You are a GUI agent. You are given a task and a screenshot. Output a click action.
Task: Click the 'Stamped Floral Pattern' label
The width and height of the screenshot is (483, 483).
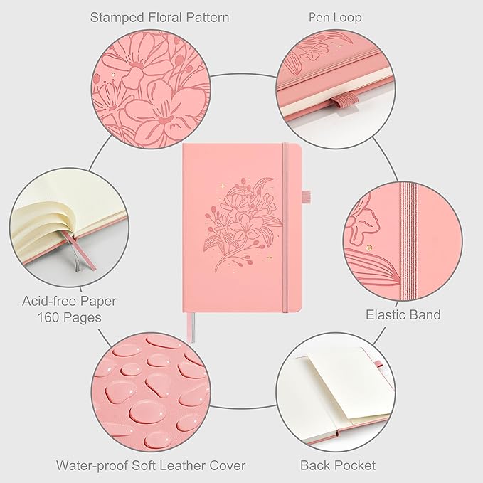159,17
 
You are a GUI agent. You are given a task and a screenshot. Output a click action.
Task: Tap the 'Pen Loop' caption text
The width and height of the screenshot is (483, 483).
335,17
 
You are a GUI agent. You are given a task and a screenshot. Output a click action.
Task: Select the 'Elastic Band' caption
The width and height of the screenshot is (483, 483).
403,315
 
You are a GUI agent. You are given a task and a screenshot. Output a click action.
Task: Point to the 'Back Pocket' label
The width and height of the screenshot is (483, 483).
338,465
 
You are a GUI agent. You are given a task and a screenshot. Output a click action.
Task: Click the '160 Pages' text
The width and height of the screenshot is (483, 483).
69,317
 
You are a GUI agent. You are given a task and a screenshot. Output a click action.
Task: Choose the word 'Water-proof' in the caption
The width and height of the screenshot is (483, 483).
92,465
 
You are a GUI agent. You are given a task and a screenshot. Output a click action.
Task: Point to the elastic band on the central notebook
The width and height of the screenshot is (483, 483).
285,228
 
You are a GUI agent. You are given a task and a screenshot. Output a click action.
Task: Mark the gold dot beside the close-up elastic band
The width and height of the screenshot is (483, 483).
369,247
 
